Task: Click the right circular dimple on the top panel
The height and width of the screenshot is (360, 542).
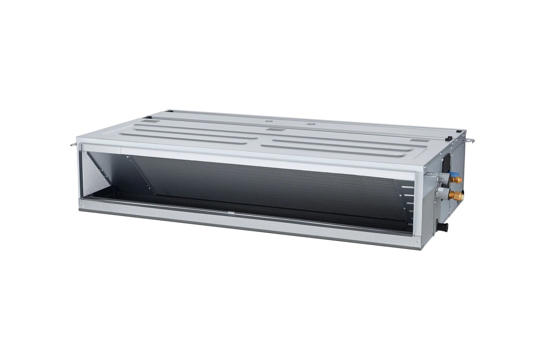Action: (x=309, y=124)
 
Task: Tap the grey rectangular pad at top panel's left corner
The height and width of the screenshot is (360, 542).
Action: (x=150, y=119)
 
